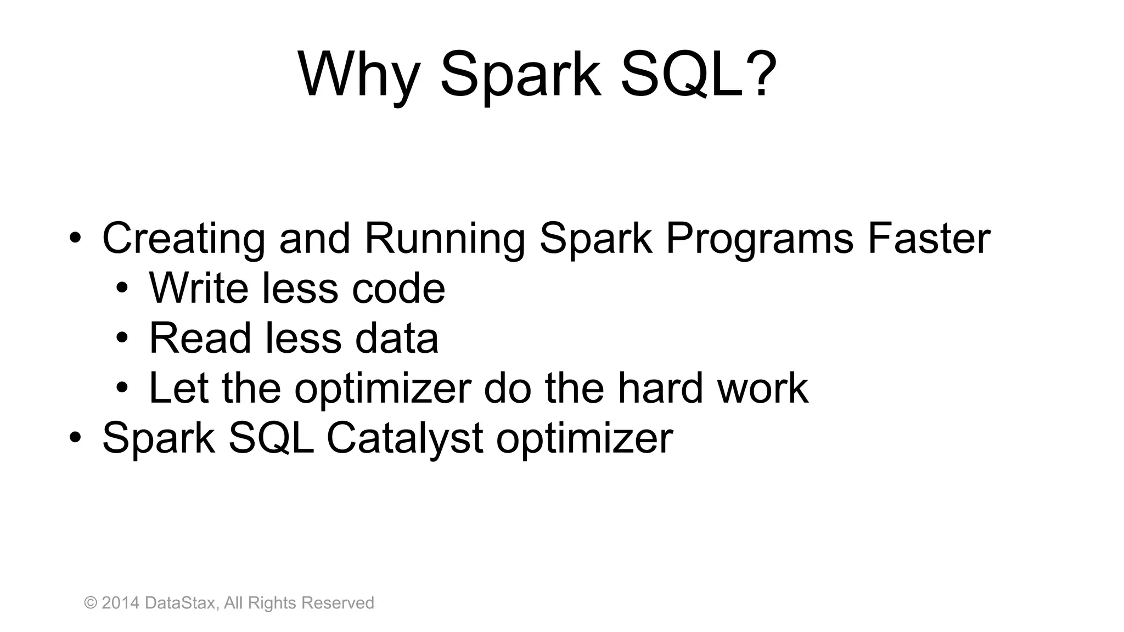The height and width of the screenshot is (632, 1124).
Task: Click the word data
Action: click(396, 338)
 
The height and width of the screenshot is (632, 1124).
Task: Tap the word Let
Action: click(178, 388)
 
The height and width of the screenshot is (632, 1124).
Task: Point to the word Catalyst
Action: click(404, 438)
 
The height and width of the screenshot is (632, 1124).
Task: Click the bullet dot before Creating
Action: click(75, 239)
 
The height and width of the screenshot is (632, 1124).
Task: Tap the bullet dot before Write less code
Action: click(122, 289)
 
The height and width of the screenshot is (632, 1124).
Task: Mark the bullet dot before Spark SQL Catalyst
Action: click(75, 438)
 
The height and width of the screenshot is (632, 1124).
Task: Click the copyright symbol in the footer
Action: click(91, 603)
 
